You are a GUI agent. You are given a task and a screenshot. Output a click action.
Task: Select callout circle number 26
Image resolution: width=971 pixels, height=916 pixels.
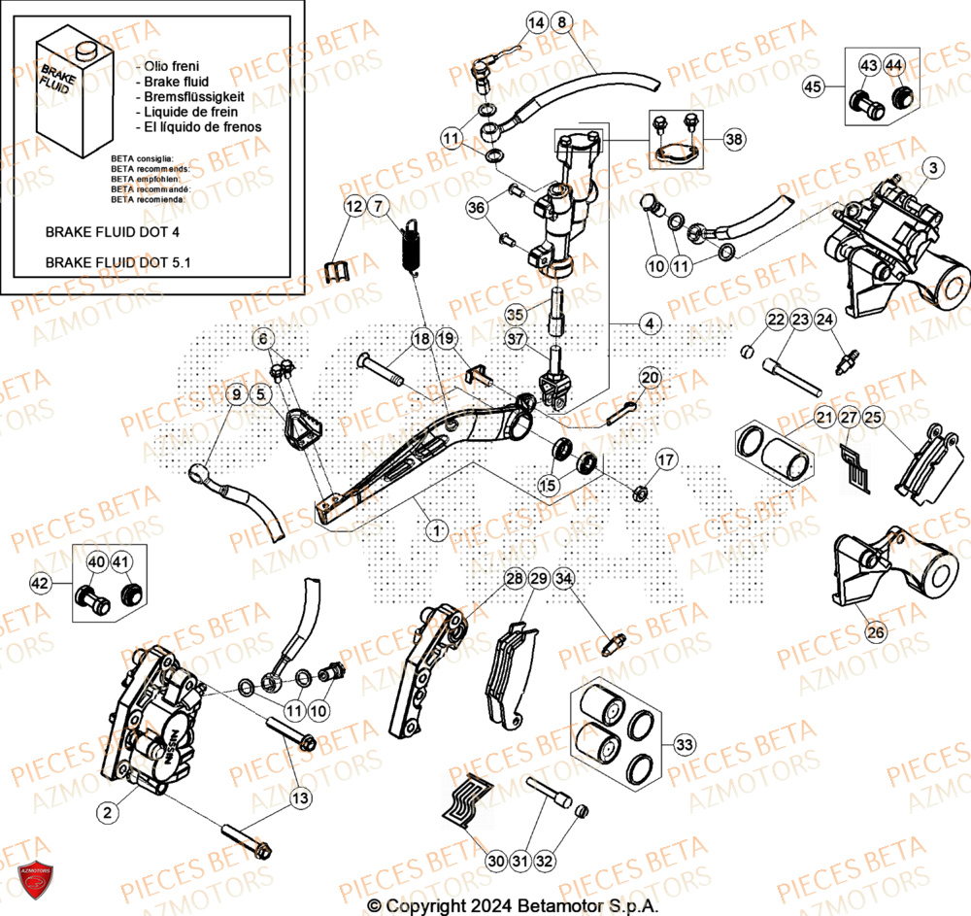click(875, 632)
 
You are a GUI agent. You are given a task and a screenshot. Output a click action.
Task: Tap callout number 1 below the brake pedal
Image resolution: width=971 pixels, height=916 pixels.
click(437, 529)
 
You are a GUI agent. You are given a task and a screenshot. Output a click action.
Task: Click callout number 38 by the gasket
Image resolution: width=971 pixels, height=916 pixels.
click(734, 140)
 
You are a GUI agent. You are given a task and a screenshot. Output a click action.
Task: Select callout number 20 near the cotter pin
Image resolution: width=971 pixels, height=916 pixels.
click(650, 377)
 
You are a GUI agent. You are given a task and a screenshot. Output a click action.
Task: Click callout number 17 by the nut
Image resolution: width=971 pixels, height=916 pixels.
click(665, 459)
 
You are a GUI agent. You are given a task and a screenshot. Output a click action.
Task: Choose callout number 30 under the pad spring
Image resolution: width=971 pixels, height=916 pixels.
click(496, 860)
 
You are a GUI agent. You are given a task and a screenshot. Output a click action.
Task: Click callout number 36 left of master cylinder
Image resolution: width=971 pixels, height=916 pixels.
click(476, 207)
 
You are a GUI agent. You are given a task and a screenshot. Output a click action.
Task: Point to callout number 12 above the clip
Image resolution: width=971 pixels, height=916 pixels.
click(352, 206)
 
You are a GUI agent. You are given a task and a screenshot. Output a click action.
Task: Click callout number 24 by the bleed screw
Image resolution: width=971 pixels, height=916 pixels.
click(824, 320)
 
